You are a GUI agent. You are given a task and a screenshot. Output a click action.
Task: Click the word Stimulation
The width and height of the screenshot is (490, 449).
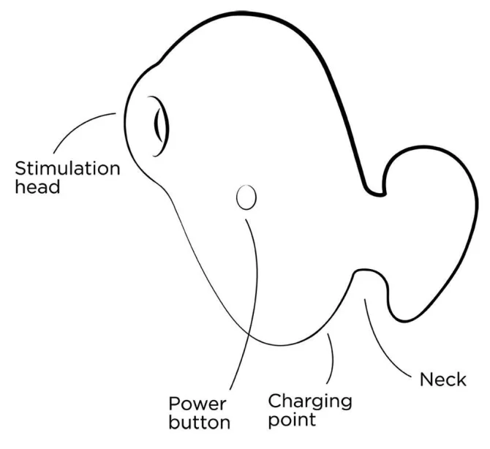67,168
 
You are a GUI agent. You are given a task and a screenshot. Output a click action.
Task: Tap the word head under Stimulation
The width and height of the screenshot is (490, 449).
37,187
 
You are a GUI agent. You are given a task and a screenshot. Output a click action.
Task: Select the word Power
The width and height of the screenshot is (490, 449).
197,404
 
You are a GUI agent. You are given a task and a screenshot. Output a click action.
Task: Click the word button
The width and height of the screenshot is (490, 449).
200,422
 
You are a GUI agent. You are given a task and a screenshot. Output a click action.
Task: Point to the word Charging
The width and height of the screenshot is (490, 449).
310,401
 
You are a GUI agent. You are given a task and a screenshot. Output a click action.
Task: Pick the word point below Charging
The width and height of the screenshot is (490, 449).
292,420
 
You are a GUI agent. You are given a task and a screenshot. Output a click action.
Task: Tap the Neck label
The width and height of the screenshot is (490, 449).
442,380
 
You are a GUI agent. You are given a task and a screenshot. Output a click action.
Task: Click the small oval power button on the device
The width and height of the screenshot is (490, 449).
246,197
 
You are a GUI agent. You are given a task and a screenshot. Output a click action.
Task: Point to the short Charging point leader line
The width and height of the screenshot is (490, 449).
332,358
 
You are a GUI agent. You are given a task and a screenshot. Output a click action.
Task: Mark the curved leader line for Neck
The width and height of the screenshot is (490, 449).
380,347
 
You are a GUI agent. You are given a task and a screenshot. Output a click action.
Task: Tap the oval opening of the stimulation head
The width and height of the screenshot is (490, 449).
160,126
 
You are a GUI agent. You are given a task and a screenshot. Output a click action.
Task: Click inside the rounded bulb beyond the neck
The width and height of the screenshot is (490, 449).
431,231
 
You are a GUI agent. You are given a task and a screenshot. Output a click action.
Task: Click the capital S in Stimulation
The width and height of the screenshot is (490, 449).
20,169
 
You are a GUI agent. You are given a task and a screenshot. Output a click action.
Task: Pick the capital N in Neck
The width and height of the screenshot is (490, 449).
426,380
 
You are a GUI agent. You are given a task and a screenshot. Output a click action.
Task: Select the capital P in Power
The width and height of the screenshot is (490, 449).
174,404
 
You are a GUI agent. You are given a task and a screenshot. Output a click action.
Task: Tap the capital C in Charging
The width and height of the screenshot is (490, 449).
275,401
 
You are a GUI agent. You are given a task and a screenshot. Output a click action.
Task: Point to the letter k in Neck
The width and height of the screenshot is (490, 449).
461,380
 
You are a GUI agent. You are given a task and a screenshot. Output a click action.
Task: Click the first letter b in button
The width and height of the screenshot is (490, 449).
174,422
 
